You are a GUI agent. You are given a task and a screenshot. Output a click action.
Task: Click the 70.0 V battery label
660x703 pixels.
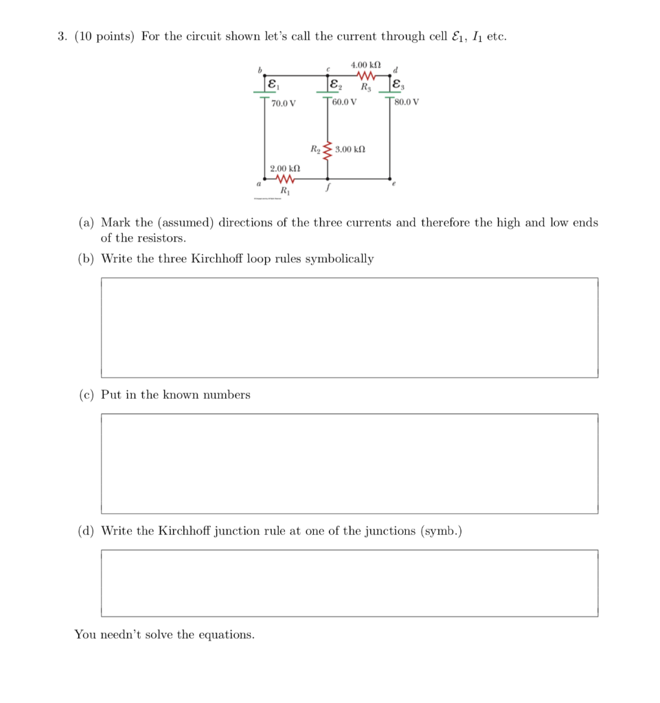tap(284, 104)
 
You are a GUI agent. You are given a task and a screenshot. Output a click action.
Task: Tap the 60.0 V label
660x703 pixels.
tap(343, 102)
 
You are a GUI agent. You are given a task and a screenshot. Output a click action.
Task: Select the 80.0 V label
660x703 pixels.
tap(407, 102)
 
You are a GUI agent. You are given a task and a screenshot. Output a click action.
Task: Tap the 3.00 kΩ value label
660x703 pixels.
tap(350, 148)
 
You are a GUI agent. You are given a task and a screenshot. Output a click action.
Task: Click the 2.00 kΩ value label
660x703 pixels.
tap(284, 168)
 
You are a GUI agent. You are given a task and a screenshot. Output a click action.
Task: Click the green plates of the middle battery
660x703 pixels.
tap(327, 95)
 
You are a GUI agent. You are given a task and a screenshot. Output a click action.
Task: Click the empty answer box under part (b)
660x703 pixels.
tap(349, 327)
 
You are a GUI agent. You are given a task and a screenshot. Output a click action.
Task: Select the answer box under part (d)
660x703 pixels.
tap(349, 583)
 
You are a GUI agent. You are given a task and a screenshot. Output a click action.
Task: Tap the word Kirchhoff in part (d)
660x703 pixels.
tap(187, 531)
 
